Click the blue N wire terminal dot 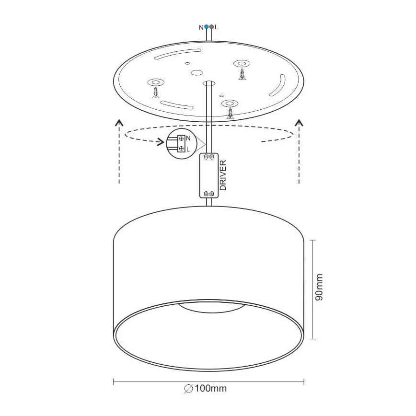pyautogui.click(x=206, y=27)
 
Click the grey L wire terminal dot pyautogui.click(x=211, y=27)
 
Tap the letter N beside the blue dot pyautogui.click(x=201, y=27)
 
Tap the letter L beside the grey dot pyautogui.click(x=217, y=27)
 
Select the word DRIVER pyautogui.click(x=223, y=175)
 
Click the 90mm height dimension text pyautogui.click(x=320, y=288)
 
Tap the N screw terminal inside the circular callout pyautogui.click(x=181, y=139)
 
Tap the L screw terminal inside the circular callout pyautogui.click(x=181, y=149)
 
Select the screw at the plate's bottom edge pyautogui.click(x=231, y=113)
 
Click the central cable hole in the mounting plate pyautogui.click(x=208, y=83)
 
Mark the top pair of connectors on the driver pyautogui.click(x=209, y=157)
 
